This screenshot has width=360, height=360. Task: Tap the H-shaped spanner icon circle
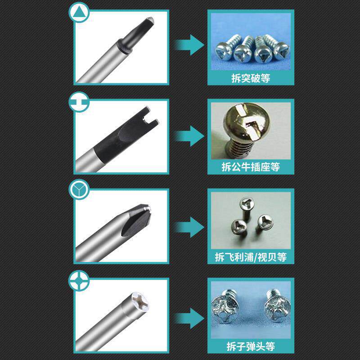pyautogui.click(x=79, y=102)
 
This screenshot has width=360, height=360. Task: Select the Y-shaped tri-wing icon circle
pyautogui.click(x=79, y=189)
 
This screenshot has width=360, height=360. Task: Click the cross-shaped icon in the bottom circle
pyautogui.click(x=79, y=280)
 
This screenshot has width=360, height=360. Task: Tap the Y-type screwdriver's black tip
pyautogui.click(x=137, y=220)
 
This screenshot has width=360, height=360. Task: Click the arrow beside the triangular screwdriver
pyautogui.click(x=189, y=45)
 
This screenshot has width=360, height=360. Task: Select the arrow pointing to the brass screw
pyautogui.click(x=189, y=136)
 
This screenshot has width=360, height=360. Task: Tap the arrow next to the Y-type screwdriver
pyautogui.click(x=189, y=227)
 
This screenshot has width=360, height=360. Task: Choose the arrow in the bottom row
pyautogui.click(x=189, y=319)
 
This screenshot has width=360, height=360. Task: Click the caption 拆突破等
pyautogui.click(x=251, y=78)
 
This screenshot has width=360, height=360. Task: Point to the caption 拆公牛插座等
pyautogui.click(x=251, y=167)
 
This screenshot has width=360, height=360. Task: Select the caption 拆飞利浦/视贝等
pyautogui.click(x=251, y=257)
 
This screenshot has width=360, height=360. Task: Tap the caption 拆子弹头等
pyautogui.click(x=251, y=346)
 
